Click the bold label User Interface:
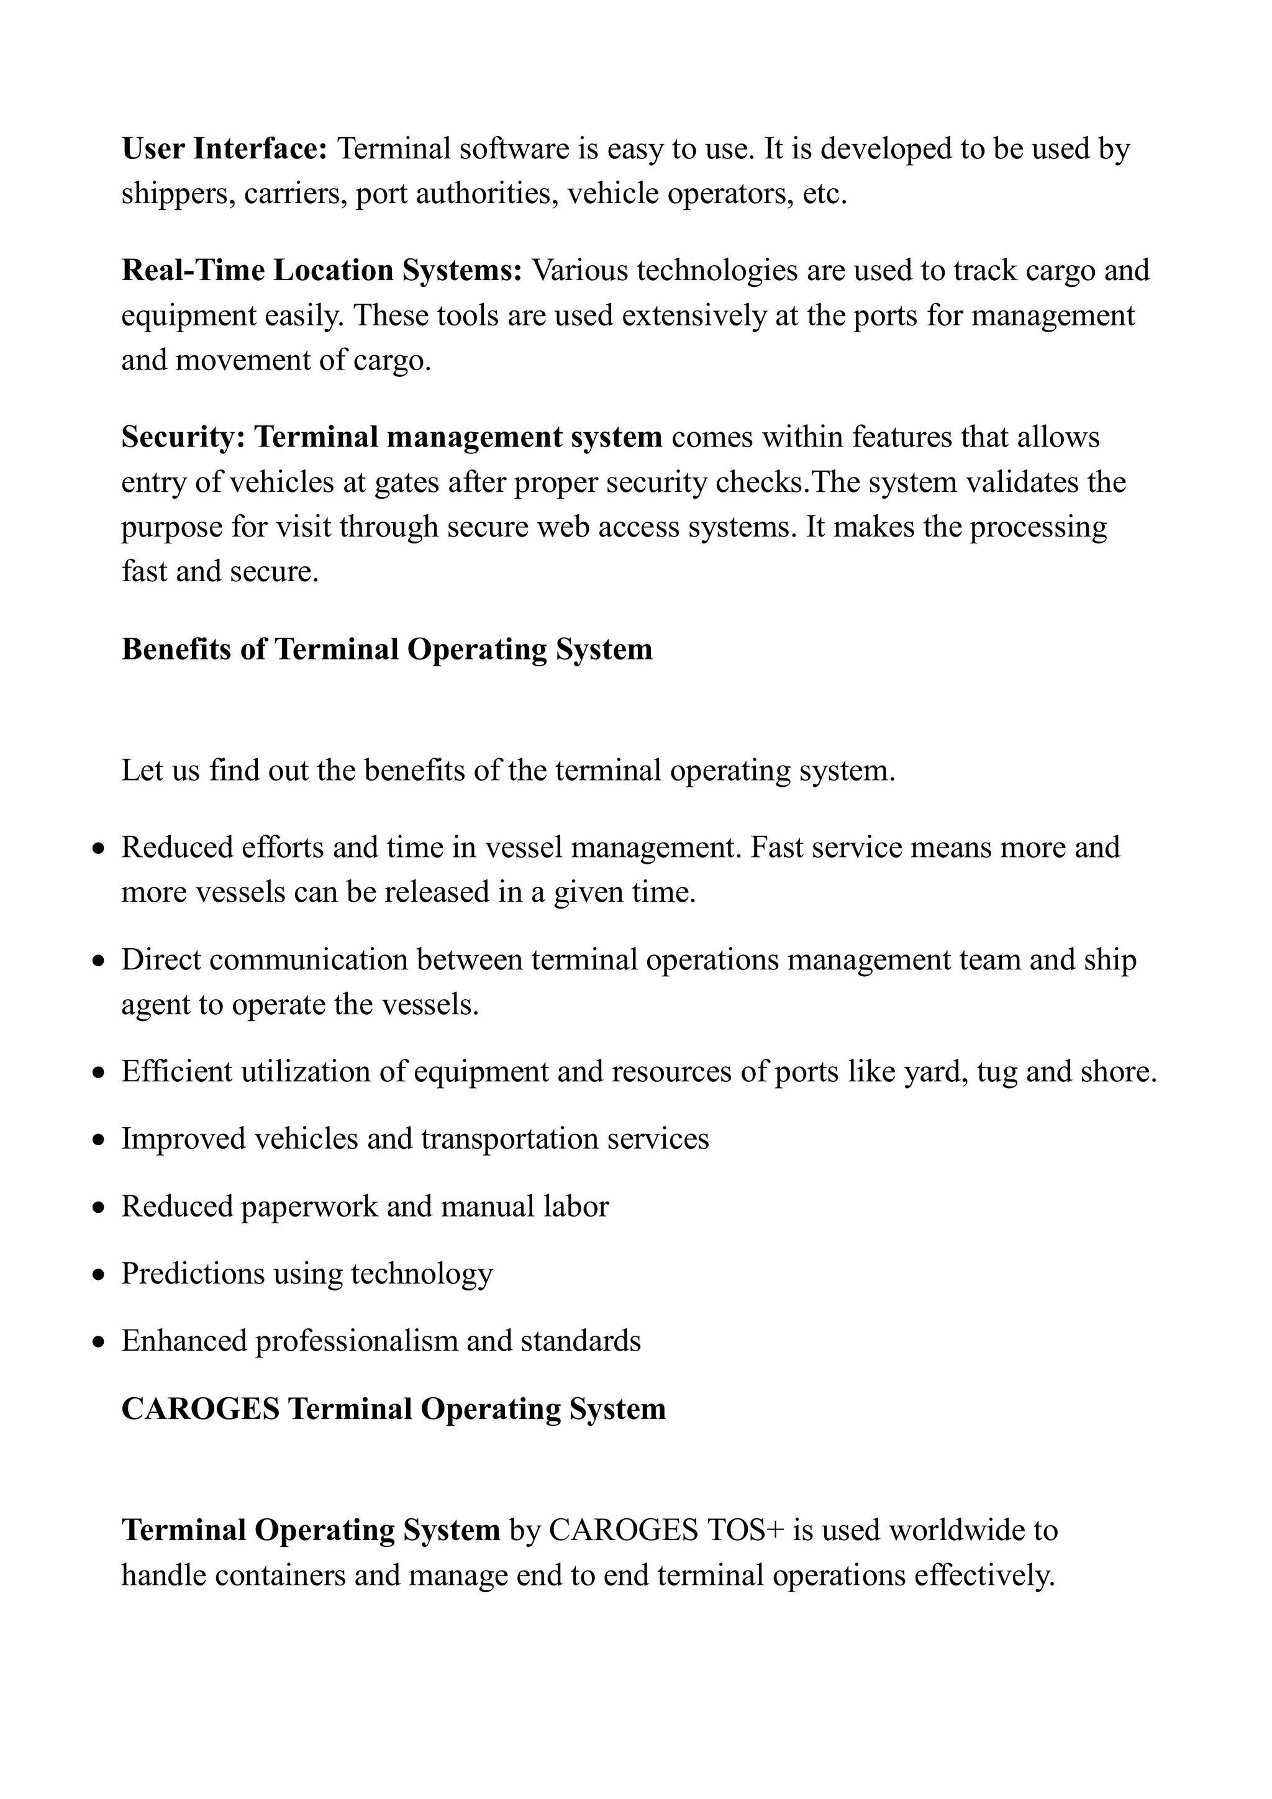[x=224, y=148]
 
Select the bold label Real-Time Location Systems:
[x=321, y=270]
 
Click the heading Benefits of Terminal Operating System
[x=386, y=650]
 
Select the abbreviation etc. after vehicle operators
[x=825, y=194]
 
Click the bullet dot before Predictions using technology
[x=98, y=1276]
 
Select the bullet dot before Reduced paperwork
[x=98, y=1208]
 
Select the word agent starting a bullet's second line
[x=153, y=1005]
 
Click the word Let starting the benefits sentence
[x=141, y=771]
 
